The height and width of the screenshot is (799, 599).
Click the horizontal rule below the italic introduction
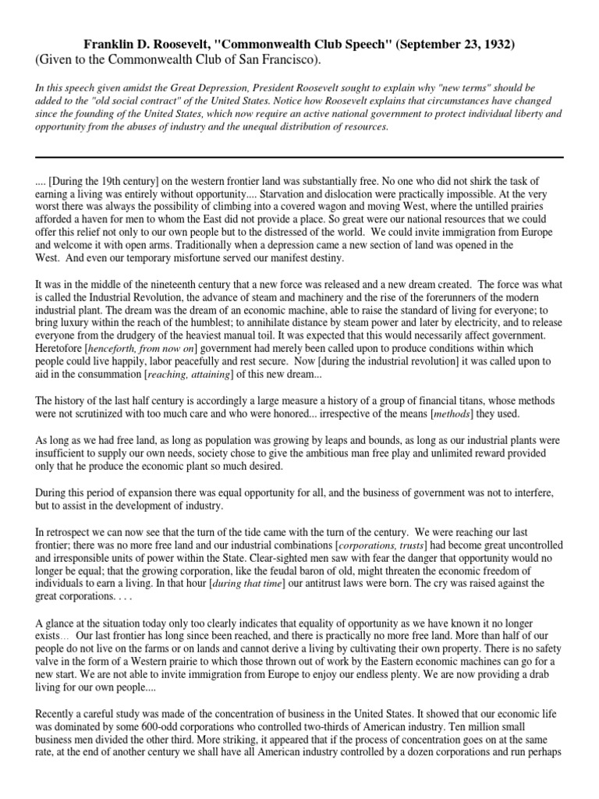[x=299, y=158]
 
